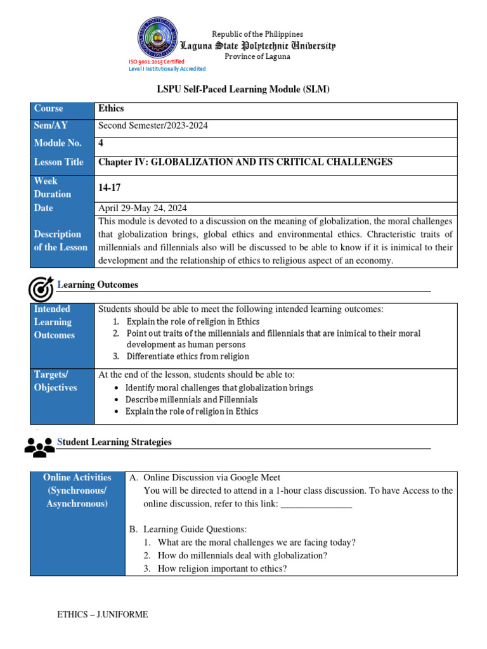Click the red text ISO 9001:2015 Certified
[x=157, y=61]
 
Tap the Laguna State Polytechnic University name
[x=258, y=46]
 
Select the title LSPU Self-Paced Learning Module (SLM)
[x=243, y=90]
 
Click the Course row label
[x=49, y=109]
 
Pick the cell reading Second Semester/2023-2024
[x=153, y=125]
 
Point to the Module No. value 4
[x=101, y=143]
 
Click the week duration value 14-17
[x=108, y=188]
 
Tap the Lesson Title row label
[x=58, y=162]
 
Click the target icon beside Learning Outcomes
[x=41, y=289]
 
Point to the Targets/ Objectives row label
[x=55, y=381]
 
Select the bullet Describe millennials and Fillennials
[x=192, y=400]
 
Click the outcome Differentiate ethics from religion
[x=188, y=356]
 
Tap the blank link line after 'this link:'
[x=316, y=504]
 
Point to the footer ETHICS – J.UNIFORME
[x=103, y=614]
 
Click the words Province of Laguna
[x=257, y=56]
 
